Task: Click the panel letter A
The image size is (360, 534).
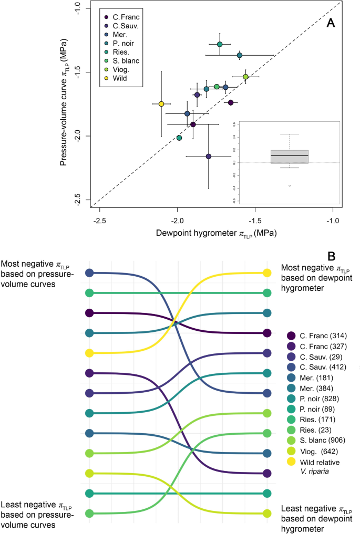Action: coord(331,22)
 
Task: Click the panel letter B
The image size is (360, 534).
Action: coord(331,256)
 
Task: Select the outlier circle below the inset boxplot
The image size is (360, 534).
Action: coord(290,186)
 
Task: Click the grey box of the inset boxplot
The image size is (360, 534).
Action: coord(290,156)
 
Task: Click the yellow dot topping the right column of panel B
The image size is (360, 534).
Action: coord(267,273)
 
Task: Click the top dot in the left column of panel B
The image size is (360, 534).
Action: coord(89,273)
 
